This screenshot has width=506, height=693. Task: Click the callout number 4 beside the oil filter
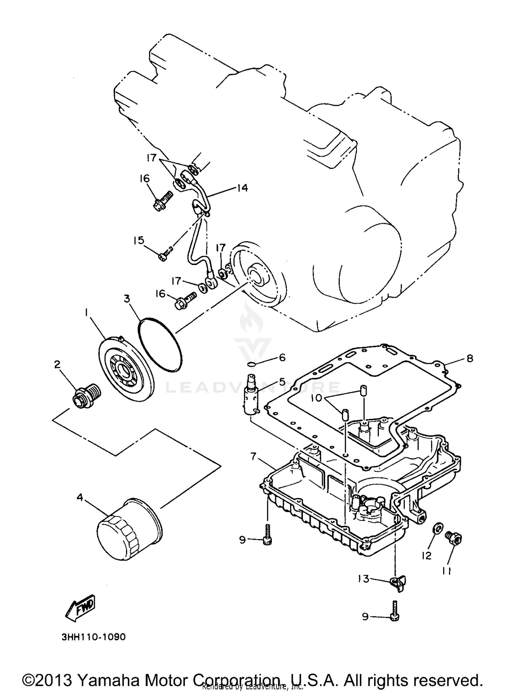click(80, 498)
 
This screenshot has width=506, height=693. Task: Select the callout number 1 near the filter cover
click(86, 313)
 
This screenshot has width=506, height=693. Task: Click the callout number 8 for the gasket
click(470, 358)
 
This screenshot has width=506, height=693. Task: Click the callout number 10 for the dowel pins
click(316, 398)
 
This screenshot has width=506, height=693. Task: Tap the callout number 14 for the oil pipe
click(242, 188)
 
